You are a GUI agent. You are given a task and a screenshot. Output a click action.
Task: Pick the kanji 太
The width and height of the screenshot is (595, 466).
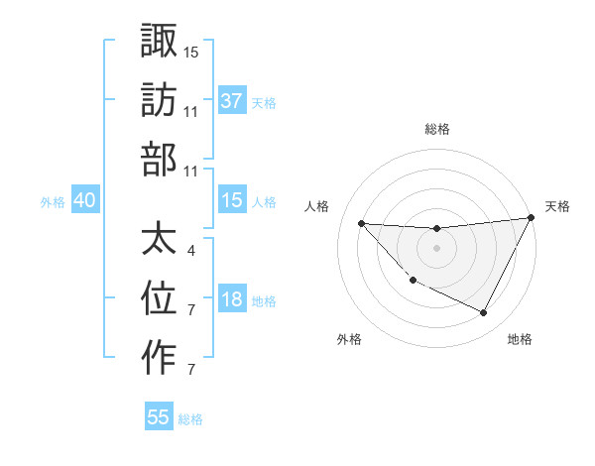pyautogui.click(x=159, y=238)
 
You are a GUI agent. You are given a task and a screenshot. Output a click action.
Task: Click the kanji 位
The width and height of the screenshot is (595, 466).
pyautogui.click(x=159, y=297)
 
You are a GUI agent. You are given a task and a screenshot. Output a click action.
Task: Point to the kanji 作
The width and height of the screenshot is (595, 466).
pyautogui.click(x=159, y=357)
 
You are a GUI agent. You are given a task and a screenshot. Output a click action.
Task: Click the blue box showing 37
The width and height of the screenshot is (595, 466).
pyautogui.click(x=232, y=100)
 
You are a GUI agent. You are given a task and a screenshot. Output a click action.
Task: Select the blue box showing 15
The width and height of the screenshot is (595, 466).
pyautogui.click(x=232, y=200)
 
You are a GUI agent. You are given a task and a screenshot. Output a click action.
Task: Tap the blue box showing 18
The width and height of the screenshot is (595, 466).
pyautogui.click(x=232, y=299)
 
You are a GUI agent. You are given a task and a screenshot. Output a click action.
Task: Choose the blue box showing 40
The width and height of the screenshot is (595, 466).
pyautogui.click(x=84, y=200)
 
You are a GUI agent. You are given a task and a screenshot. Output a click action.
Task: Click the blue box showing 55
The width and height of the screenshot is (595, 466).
pyautogui.click(x=159, y=417)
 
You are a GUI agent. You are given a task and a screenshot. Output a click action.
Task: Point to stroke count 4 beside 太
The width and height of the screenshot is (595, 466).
pyautogui.click(x=190, y=251)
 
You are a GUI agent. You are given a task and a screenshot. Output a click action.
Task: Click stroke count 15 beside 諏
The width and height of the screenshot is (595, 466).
pyautogui.click(x=191, y=51)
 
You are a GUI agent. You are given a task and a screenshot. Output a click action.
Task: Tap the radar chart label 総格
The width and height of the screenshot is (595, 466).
pyautogui.click(x=436, y=129)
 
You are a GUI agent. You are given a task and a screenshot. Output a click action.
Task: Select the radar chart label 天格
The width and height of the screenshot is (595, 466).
pyautogui.click(x=557, y=206)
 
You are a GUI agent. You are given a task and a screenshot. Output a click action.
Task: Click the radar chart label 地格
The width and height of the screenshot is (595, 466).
pyautogui.click(x=520, y=339)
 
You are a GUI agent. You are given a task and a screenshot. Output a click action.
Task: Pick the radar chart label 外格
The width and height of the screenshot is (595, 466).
pyautogui.click(x=349, y=339)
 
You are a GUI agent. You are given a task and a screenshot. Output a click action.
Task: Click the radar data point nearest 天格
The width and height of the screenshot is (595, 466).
pyautogui.click(x=532, y=218)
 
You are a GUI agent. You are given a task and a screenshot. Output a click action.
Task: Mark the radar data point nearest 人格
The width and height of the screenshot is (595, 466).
pyautogui.click(x=361, y=223)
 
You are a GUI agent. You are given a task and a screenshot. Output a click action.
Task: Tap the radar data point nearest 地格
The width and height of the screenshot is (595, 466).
pyautogui.click(x=484, y=313)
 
